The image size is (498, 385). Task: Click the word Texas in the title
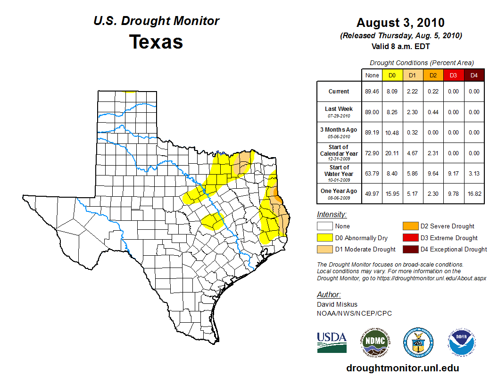click(156, 42)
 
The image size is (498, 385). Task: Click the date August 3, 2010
click(400, 23)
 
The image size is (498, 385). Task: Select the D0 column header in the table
click(392, 75)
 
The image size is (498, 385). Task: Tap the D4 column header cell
click(474, 75)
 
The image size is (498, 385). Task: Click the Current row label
click(339, 92)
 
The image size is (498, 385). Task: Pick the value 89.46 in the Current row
click(372, 92)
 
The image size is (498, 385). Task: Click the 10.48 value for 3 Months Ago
click(392, 133)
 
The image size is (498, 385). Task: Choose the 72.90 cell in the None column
click(372, 153)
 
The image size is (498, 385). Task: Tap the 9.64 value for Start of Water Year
click(433, 174)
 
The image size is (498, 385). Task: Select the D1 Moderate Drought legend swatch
click(325, 249)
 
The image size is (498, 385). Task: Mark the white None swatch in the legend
click(325, 226)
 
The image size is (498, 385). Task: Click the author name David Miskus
click(337, 304)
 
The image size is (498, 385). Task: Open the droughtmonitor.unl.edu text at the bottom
click(402, 368)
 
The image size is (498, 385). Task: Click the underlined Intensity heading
click(332, 215)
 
